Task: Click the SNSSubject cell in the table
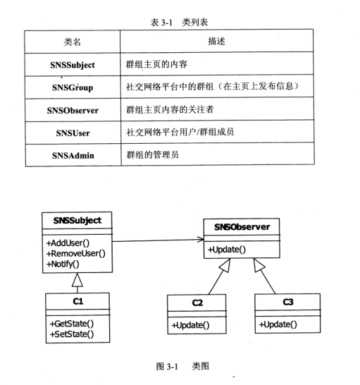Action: click(73, 65)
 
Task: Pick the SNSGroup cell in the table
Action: click(73, 87)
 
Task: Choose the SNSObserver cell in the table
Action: click(73, 110)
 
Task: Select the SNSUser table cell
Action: click(73, 132)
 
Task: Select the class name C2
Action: click(198, 303)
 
